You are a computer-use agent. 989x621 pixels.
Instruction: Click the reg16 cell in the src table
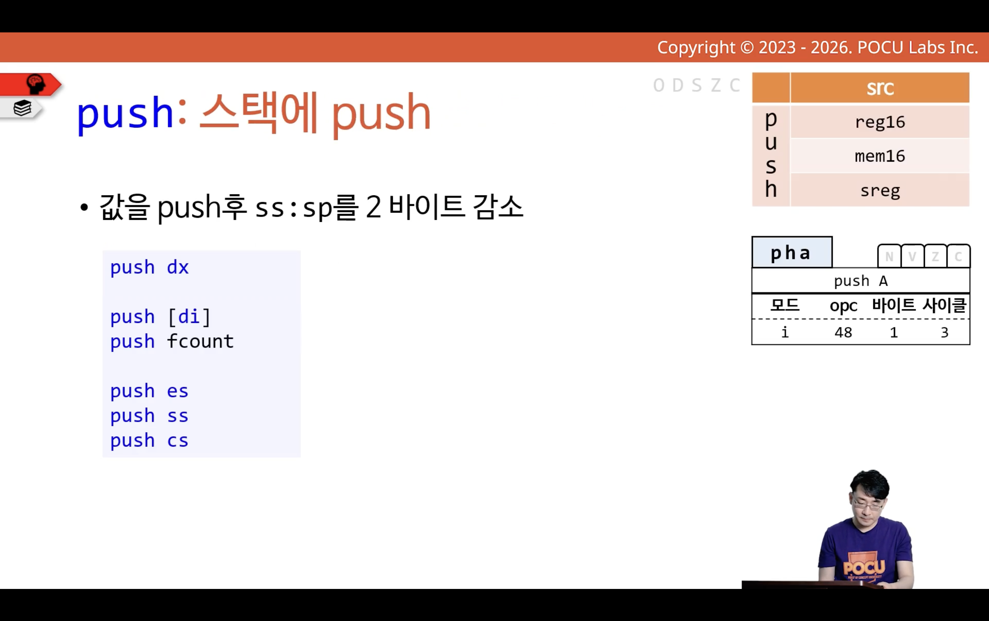[880, 122]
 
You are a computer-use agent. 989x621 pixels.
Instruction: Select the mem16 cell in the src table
[880, 156]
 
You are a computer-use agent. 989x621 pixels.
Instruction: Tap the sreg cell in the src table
[880, 190]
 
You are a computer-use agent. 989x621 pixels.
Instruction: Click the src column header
[880, 87]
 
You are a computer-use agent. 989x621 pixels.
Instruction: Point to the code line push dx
[149, 268]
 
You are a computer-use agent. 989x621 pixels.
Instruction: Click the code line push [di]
[161, 317]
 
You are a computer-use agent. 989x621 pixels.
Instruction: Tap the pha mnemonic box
[792, 253]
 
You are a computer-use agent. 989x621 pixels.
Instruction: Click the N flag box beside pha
[889, 256]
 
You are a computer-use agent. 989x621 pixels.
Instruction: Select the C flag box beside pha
[959, 256]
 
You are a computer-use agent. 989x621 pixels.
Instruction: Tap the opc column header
[843, 306]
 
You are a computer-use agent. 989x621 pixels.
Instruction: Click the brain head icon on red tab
[36, 84]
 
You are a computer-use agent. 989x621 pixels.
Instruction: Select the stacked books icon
[22, 108]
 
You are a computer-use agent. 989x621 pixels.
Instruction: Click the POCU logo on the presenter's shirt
[864, 568]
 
